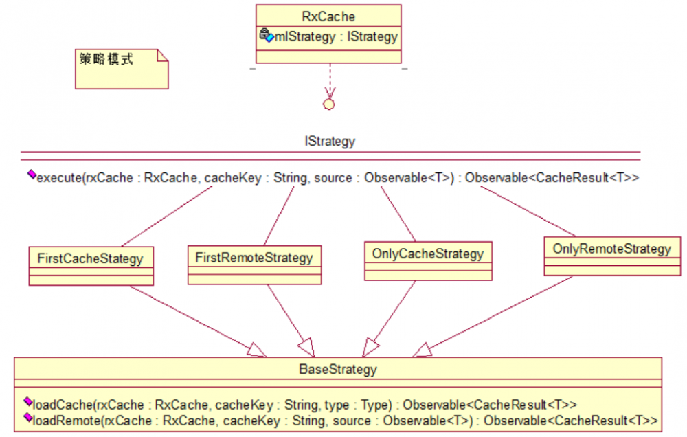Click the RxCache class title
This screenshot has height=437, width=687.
[x=328, y=16]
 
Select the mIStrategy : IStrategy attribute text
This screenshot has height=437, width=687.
[x=336, y=37]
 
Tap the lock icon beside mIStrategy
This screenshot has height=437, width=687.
[x=266, y=36]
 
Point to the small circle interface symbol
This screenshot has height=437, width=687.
[x=328, y=104]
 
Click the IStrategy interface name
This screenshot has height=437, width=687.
[x=330, y=142]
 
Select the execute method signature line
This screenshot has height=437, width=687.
[x=337, y=178]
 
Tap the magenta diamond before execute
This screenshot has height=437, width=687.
[x=31, y=175]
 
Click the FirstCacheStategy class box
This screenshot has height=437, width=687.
[x=91, y=265]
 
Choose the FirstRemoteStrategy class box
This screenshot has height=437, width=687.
[x=254, y=265]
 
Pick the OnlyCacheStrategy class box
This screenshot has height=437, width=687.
[x=428, y=261]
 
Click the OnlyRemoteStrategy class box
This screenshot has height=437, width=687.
[x=612, y=256]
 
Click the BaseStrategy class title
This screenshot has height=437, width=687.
[x=337, y=370]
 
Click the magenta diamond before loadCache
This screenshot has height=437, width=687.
[x=27, y=401]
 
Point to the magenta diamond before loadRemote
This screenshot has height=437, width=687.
[x=27, y=417]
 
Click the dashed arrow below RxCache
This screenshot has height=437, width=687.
[x=329, y=80]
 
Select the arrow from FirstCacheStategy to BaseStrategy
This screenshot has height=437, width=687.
[x=192, y=320]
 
